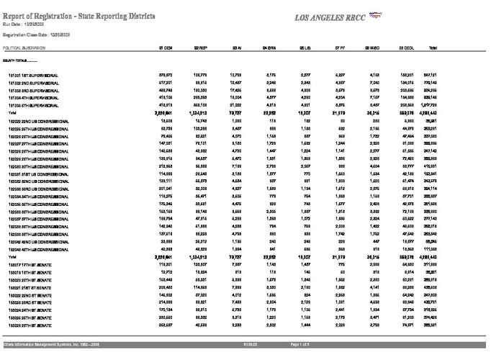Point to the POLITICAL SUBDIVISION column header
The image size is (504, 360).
[x=27, y=48]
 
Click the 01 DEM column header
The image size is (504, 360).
[x=164, y=48]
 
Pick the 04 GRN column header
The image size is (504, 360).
[x=269, y=48]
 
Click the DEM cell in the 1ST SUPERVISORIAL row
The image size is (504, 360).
[x=164, y=75]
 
